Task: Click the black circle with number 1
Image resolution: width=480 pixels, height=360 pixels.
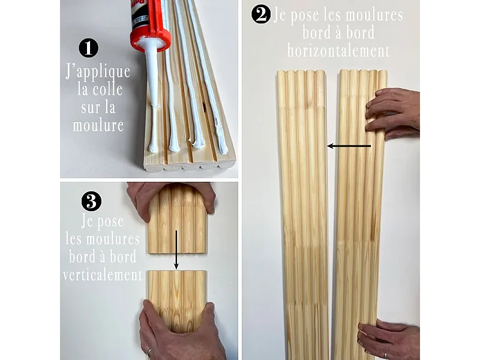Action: (88, 48)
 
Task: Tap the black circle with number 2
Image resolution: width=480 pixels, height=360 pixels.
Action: (261, 14)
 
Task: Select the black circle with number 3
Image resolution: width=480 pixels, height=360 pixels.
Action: (91, 201)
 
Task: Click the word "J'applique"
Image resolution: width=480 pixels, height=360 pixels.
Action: (98, 71)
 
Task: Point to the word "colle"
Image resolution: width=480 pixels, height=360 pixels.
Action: (107, 89)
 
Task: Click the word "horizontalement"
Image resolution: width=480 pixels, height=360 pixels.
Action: (338, 51)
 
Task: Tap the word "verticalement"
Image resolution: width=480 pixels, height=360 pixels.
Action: (103, 275)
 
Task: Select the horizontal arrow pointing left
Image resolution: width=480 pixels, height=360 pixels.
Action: (349, 146)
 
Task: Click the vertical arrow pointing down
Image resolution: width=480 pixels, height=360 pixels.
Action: (176, 250)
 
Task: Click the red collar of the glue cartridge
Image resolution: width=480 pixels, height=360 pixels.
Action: (151, 39)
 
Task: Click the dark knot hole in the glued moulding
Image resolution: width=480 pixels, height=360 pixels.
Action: (204, 107)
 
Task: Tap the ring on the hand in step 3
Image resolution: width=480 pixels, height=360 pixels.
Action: (149, 352)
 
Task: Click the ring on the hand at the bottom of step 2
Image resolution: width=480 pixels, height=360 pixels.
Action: (386, 356)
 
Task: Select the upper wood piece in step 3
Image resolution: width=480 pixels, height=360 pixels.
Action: (178, 219)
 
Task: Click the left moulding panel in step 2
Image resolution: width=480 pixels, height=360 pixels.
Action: (303, 214)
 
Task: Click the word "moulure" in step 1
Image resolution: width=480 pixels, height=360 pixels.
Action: (98, 125)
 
